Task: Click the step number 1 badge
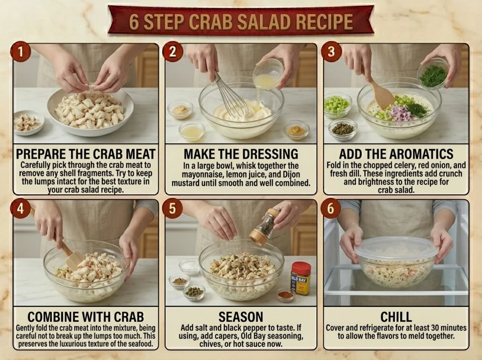[21, 51]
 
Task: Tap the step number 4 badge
[20, 208]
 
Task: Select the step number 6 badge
[330, 208]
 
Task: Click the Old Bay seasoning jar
[301, 278]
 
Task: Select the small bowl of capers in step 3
[343, 129]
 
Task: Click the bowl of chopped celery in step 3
[337, 105]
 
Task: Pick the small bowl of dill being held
[433, 74]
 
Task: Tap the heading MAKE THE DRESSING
[241, 154]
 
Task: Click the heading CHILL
[396, 317]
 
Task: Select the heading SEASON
[241, 317]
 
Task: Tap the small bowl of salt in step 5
[189, 267]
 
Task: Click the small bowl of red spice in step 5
[286, 295]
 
